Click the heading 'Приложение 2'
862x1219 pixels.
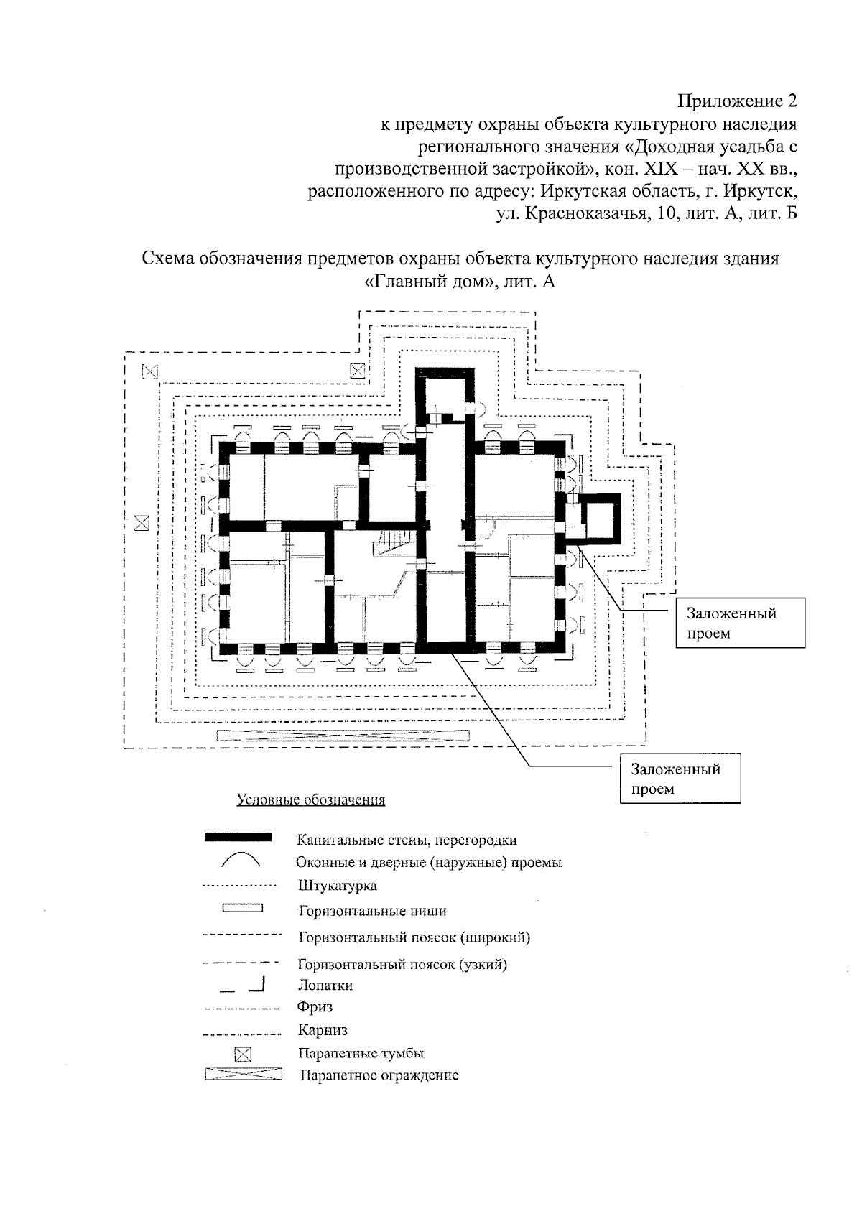(737, 101)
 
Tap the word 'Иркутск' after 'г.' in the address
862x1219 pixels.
(761, 193)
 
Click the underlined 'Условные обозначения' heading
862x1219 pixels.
(311, 800)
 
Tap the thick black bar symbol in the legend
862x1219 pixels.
(238, 837)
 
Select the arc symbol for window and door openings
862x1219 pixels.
(240, 860)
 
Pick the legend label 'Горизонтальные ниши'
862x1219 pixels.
(372, 912)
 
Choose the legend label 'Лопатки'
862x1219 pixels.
(325, 986)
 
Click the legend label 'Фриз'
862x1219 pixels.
(315, 1007)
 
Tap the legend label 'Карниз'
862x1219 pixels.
(323, 1031)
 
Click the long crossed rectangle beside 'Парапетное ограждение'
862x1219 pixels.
(243, 1075)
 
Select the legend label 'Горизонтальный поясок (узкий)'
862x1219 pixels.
(402, 964)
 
